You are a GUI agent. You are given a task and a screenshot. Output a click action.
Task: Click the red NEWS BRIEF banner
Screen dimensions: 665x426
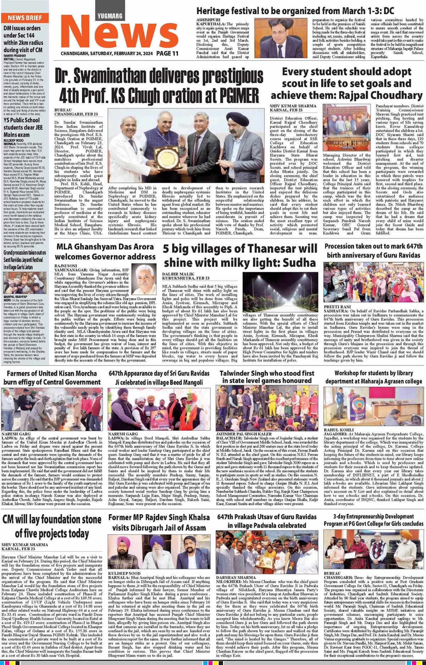tap(25, 18)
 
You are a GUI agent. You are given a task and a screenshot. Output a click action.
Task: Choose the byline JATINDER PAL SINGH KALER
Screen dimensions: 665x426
tap(244, 434)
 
